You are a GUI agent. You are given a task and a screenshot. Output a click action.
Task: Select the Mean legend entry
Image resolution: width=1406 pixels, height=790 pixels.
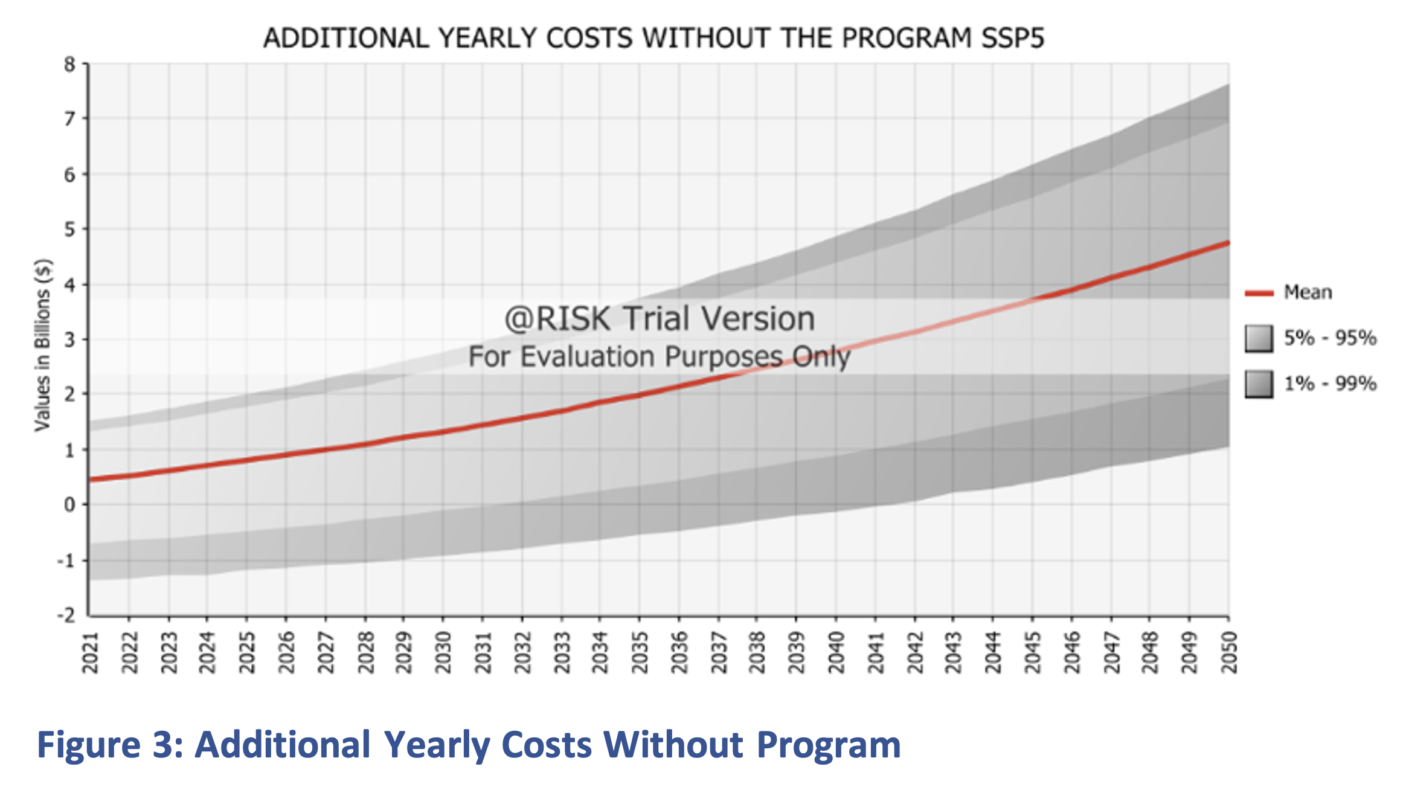click(x=1308, y=292)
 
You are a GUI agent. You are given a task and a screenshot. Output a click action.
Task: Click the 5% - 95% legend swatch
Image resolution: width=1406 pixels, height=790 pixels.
click(x=1259, y=338)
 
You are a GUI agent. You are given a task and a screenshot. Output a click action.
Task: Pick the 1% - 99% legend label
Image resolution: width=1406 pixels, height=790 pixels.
click(x=1330, y=384)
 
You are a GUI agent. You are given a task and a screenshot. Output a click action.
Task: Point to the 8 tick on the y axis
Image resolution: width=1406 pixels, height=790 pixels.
click(x=70, y=64)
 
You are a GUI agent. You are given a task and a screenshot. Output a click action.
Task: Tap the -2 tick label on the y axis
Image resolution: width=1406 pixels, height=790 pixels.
click(x=66, y=615)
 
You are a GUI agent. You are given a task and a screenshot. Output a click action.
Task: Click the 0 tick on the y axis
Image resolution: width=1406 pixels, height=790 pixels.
click(x=70, y=504)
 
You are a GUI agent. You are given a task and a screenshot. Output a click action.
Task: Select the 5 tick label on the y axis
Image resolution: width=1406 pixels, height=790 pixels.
click(x=70, y=230)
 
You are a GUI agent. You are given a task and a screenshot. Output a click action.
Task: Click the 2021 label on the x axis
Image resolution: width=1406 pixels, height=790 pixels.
click(x=90, y=652)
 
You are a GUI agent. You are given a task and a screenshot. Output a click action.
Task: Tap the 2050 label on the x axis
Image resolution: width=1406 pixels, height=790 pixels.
click(x=1229, y=652)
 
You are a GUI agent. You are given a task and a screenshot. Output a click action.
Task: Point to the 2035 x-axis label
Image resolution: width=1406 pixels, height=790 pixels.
click(x=640, y=652)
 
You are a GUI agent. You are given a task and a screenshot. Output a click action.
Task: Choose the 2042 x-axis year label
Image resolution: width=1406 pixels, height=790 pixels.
click(x=915, y=652)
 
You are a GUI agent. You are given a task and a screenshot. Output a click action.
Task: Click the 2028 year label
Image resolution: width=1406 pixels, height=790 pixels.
click(x=365, y=652)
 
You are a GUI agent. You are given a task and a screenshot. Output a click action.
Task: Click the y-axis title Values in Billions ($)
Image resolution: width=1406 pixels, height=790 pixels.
click(x=42, y=345)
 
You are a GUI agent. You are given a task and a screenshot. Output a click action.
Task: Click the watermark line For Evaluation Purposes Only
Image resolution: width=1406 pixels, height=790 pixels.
click(x=659, y=356)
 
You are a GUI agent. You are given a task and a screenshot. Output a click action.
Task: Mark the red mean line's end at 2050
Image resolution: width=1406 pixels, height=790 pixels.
click(x=1228, y=243)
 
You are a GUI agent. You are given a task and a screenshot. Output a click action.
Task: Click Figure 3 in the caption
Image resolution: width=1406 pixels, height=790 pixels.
click(x=109, y=745)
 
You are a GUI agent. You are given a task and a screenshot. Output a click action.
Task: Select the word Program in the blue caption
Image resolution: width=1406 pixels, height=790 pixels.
click(x=829, y=745)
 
